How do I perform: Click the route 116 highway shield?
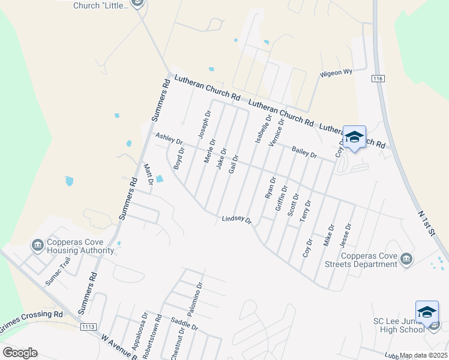click(x=378, y=79)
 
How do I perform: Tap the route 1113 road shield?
click(x=88, y=326)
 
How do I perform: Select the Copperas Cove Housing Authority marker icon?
click(x=37, y=245)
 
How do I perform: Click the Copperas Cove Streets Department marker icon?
click(x=406, y=259)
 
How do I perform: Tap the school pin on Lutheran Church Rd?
click(x=354, y=138)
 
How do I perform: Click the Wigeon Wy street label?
click(x=336, y=73)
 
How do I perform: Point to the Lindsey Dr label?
click(x=236, y=220)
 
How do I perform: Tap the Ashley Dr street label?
click(x=169, y=139)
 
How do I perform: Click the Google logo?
click(x=20, y=353)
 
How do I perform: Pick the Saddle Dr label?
click(x=184, y=325)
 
